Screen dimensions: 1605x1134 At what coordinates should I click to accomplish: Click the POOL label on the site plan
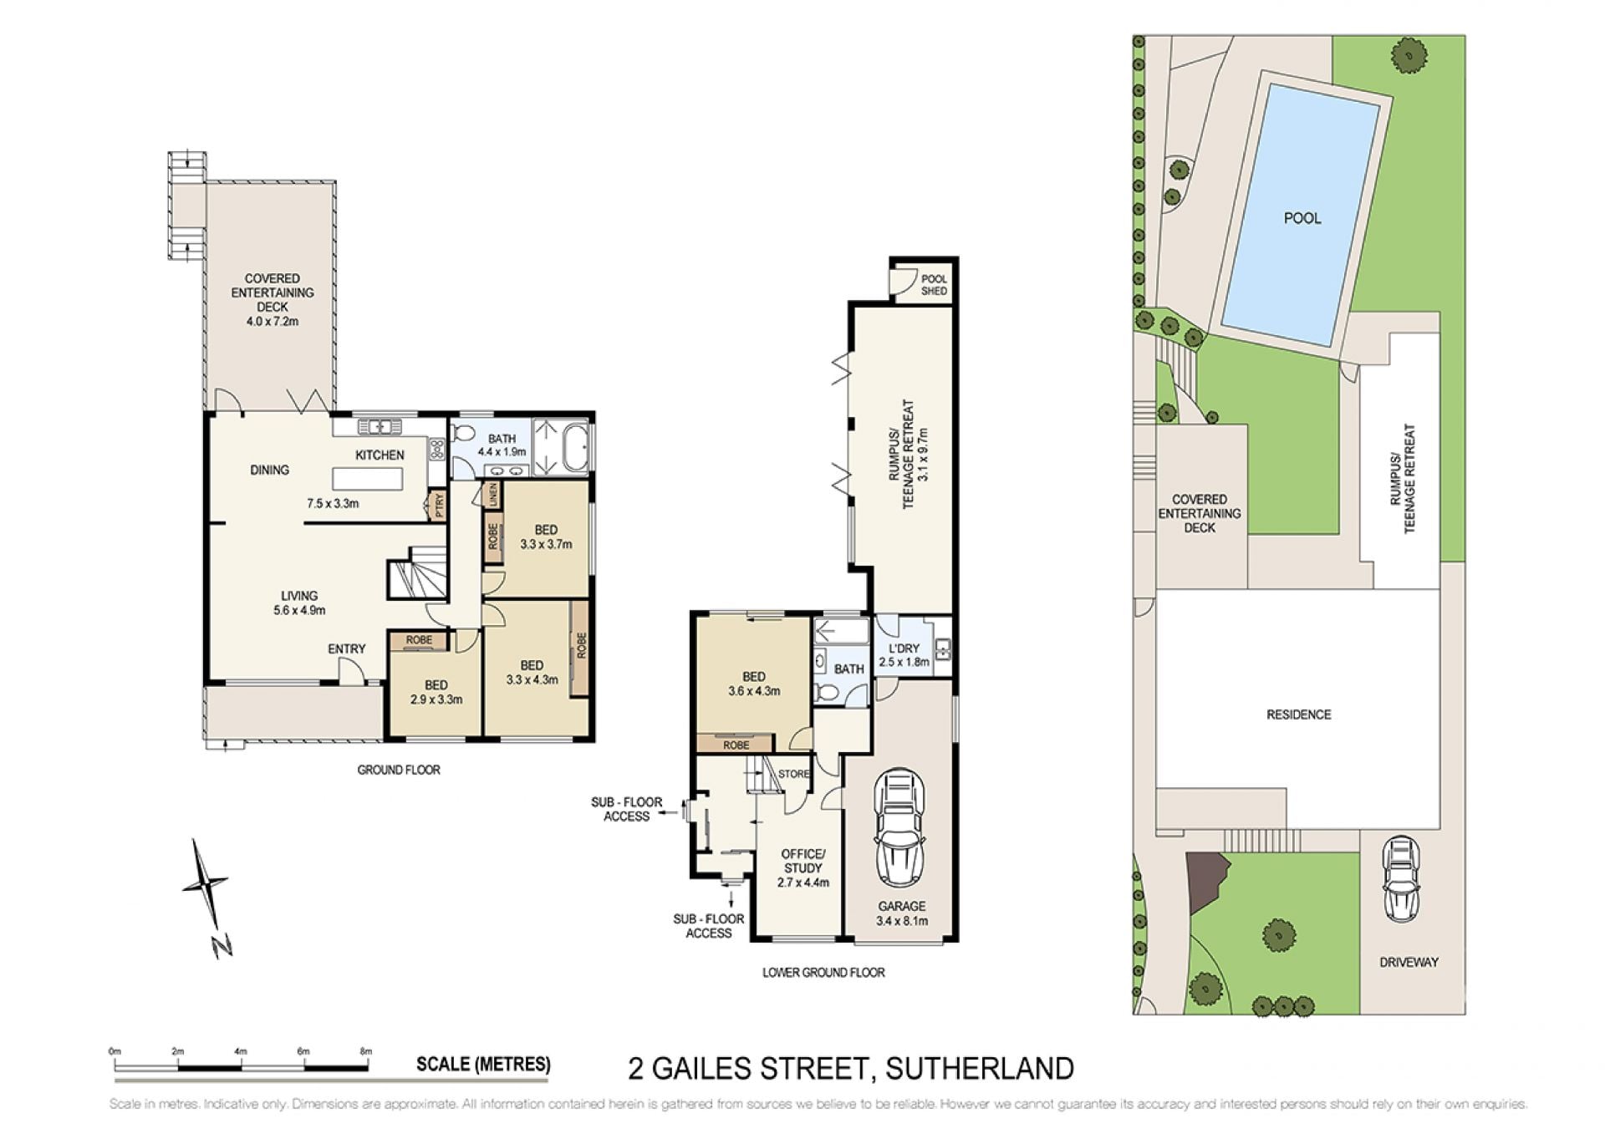1302,218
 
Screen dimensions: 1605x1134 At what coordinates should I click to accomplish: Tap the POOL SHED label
934,285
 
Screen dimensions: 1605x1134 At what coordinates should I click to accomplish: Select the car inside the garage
899,828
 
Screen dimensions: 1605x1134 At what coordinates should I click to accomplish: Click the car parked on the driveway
1401,878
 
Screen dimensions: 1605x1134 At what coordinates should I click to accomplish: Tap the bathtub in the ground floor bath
577,448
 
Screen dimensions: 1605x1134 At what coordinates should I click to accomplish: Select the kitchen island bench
368,479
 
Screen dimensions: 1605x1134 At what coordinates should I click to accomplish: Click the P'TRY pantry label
436,505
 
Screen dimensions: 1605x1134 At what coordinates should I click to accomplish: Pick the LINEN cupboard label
492,494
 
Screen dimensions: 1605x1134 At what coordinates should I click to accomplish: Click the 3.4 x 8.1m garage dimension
902,922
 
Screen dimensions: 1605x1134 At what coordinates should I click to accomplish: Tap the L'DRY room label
904,648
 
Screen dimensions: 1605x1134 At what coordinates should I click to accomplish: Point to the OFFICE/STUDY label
803,861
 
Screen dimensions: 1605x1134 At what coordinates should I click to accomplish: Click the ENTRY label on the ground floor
346,648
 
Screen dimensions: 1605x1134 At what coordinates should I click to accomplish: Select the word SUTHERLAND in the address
980,1069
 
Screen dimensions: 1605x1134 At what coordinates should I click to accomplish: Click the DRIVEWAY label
1409,962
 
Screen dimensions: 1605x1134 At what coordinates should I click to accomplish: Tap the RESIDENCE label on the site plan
1298,714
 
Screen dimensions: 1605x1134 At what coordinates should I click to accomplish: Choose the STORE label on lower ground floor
794,774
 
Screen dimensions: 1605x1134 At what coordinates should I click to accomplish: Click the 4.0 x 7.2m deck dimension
273,321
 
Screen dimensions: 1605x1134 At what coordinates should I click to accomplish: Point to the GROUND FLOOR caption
399,770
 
